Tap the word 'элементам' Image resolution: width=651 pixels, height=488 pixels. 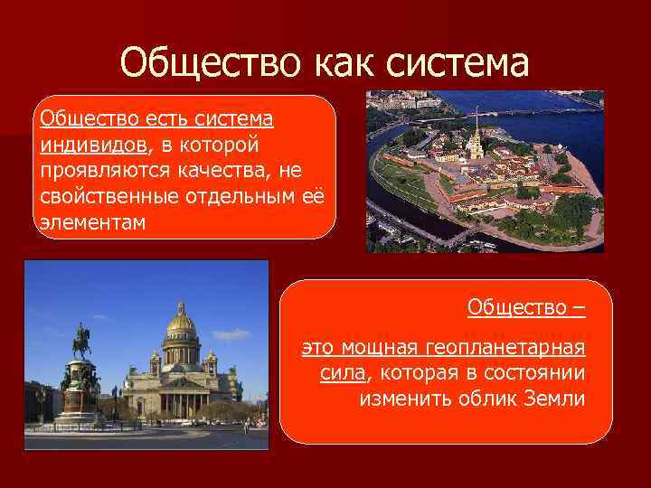coord(90,222)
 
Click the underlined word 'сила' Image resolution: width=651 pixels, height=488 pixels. coord(342,373)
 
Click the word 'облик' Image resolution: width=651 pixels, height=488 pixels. coord(479,399)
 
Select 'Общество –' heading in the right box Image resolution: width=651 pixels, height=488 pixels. coord(525,308)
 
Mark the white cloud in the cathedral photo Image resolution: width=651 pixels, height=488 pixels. coord(231,334)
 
